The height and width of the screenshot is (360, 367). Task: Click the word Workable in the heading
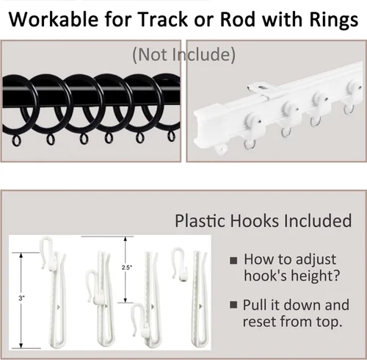click(x=54, y=19)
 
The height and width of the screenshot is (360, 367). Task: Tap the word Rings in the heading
click(x=334, y=20)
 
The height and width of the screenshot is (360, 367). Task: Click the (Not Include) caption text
click(x=183, y=54)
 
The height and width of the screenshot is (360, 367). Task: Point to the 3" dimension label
click(x=22, y=298)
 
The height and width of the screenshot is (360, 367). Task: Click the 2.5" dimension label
click(x=127, y=267)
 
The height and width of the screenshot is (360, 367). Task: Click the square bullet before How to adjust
click(x=233, y=260)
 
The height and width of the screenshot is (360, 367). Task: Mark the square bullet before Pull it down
click(x=233, y=305)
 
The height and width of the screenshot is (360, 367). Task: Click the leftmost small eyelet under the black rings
click(x=16, y=141)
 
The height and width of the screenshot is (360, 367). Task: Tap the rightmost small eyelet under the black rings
click(x=172, y=136)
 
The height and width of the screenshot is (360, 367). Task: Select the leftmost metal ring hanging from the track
click(x=250, y=145)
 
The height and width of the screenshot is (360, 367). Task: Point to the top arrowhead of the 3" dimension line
click(x=21, y=256)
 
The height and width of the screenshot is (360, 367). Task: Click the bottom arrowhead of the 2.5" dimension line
click(x=126, y=300)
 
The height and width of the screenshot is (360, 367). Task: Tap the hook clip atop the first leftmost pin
click(x=47, y=253)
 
